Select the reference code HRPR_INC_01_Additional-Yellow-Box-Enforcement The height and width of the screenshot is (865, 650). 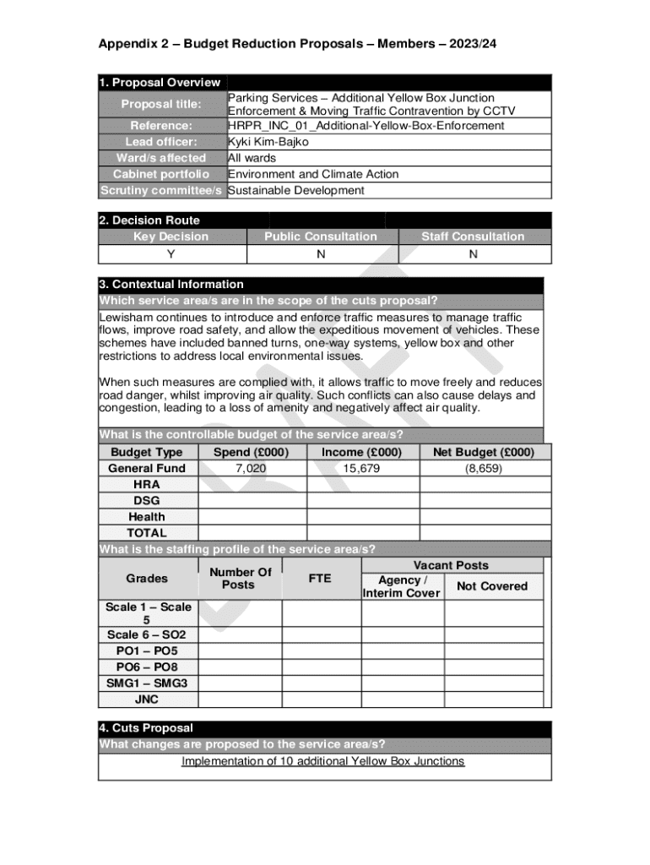pyautogui.click(x=366, y=126)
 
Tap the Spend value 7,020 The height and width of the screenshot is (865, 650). pyautogui.click(x=251, y=468)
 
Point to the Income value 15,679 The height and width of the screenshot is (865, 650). pyautogui.click(x=362, y=468)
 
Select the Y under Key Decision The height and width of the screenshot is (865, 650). pyautogui.click(x=171, y=253)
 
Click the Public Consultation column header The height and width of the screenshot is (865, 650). pyautogui.click(x=321, y=237)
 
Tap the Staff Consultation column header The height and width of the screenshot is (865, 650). pyautogui.click(x=473, y=237)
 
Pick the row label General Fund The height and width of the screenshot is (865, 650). pyautogui.click(x=147, y=468)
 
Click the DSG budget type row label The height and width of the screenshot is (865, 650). pyautogui.click(x=147, y=500)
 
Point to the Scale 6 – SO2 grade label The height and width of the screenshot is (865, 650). pyautogui.click(x=147, y=634)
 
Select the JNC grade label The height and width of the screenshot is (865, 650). pyautogui.click(x=147, y=699)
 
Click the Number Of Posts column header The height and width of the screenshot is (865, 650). pyautogui.click(x=240, y=579)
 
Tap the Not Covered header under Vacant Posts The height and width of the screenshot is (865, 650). pyautogui.click(x=491, y=586)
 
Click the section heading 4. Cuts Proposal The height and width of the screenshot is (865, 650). pyautogui.click(x=146, y=728)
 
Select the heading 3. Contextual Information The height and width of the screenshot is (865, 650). pyautogui.click(x=171, y=285)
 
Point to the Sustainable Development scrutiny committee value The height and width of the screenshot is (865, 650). pyautogui.click(x=296, y=190)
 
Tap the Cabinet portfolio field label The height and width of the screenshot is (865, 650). pyautogui.click(x=161, y=174)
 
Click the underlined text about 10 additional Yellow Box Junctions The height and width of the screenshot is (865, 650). pyautogui.click(x=323, y=761)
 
